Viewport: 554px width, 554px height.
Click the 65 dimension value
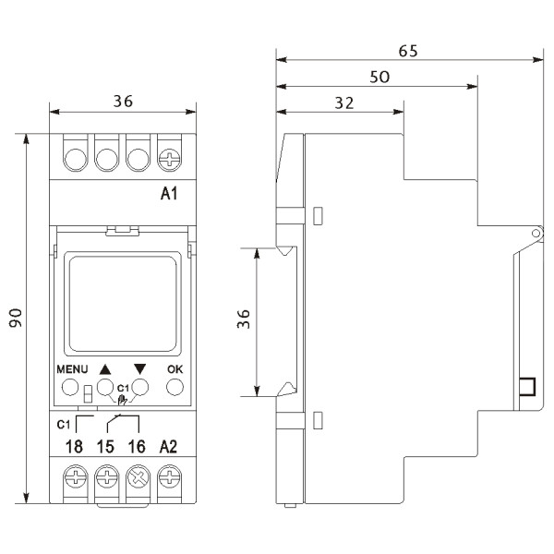(x=407, y=51)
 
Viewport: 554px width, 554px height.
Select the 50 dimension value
(x=378, y=78)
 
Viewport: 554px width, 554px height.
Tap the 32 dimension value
(x=343, y=103)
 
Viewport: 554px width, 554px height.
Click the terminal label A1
(x=169, y=194)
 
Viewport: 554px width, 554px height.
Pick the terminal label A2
(x=168, y=447)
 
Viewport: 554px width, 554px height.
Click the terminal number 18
(x=74, y=447)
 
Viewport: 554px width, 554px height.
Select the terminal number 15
(x=106, y=447)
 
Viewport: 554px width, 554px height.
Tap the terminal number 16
(x=137, y=447)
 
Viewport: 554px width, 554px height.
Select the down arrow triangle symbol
(x=140, y=367)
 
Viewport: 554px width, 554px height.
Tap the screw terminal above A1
(x=169, y=158)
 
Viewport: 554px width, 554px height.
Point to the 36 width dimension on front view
(x=122, y=103)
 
